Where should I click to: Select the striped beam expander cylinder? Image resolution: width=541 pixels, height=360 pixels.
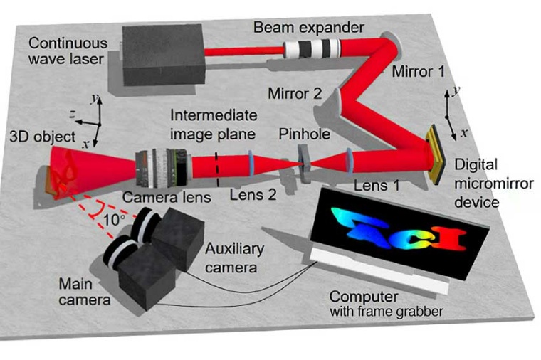coord(312,49)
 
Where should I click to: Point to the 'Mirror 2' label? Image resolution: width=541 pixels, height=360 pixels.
coord(291,93)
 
